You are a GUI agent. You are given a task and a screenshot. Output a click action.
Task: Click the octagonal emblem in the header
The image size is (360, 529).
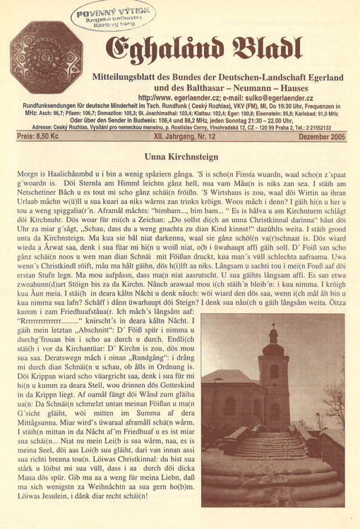[x=46, y=58]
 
